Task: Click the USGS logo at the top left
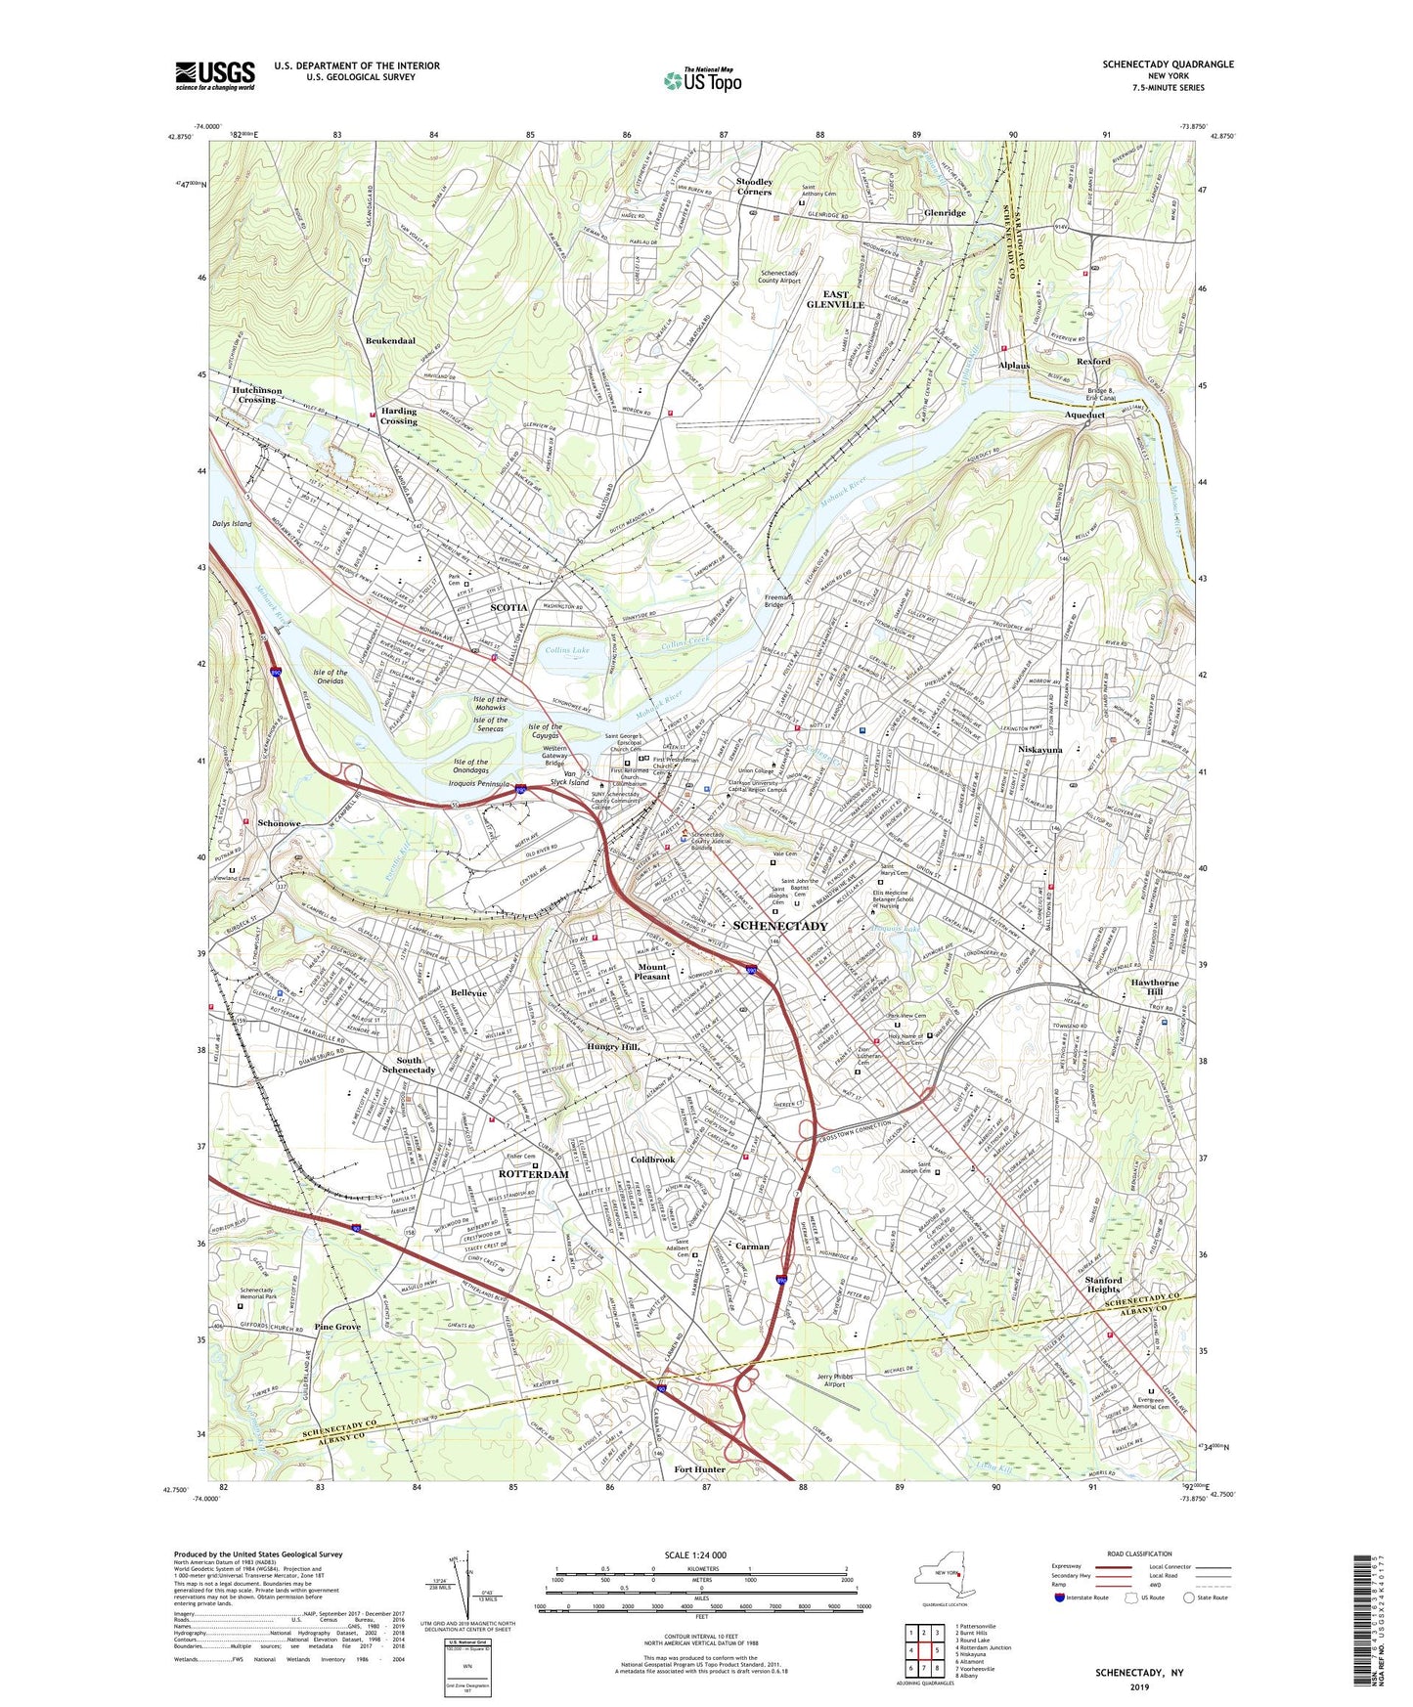[215, 74]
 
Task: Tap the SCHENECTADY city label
[779, 925]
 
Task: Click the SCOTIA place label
[508, 607]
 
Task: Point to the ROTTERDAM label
[533, 1174]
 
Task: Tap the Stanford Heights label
[1104, 1284]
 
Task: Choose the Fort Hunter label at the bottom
[699, 1469]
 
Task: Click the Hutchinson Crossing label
[257, 395]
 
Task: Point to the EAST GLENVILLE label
[835, 299]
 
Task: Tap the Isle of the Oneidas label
[331, 677]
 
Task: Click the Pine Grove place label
[337, 1327]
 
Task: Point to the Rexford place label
[1093, 361]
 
